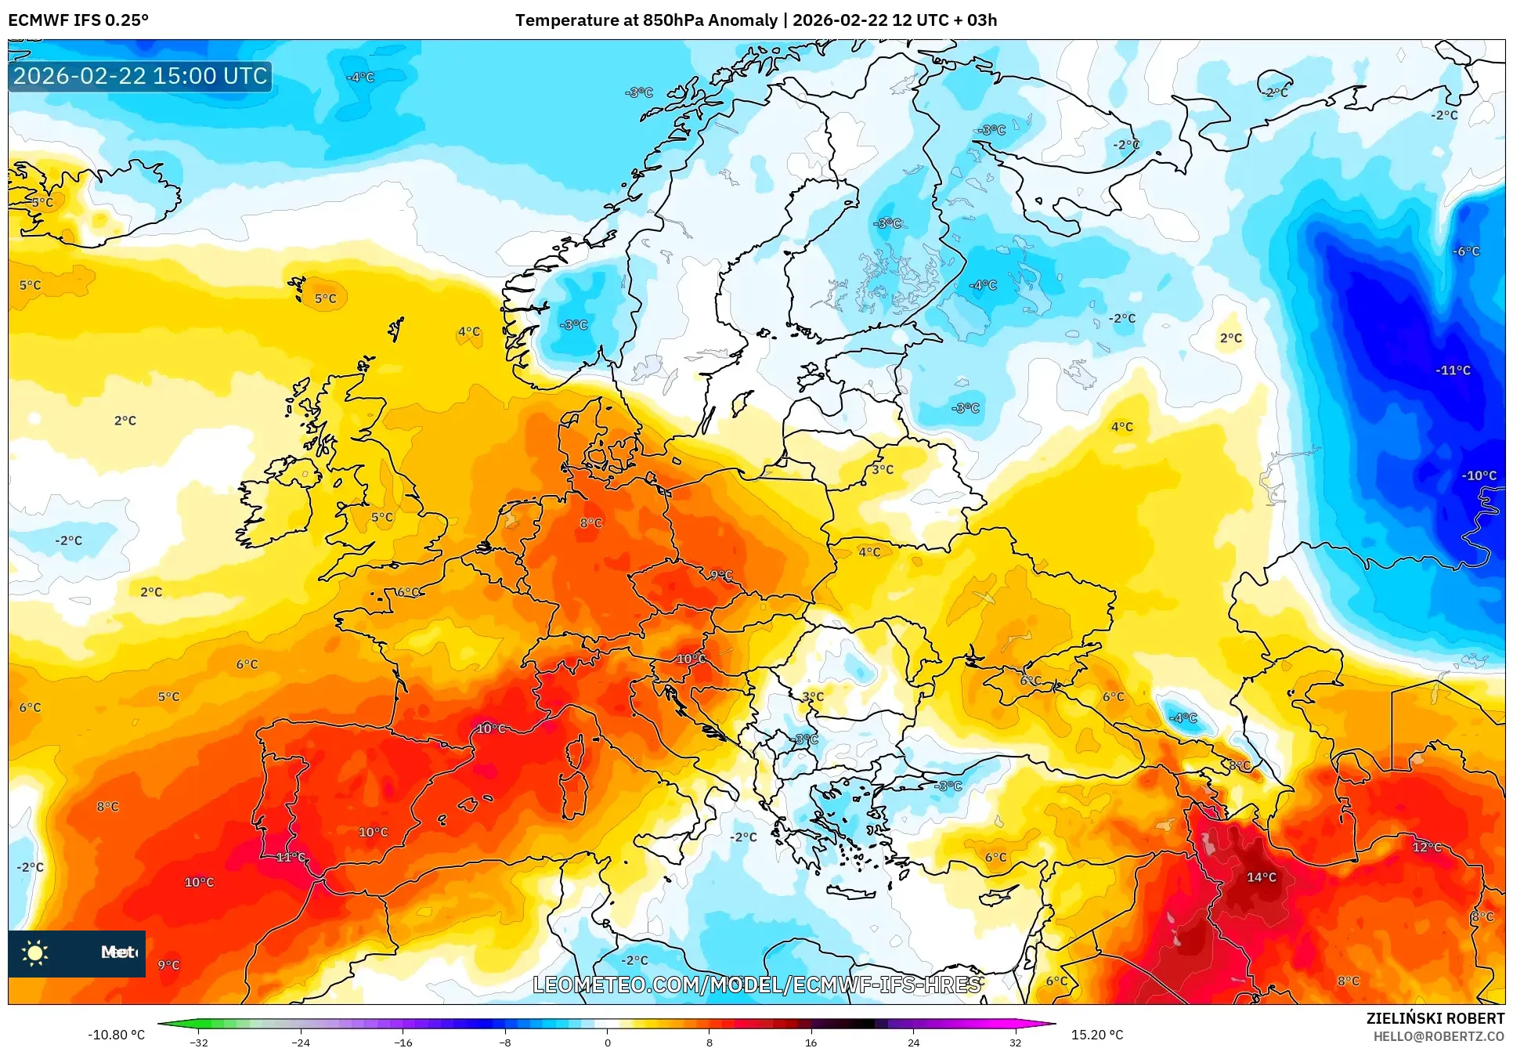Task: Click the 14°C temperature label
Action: [1261, 877]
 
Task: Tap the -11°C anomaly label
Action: [1453, 370]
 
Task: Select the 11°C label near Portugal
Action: [291, 858]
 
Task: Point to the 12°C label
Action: [1426, 847]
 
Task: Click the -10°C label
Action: [1479, 475]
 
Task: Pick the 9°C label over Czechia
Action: [721, 576]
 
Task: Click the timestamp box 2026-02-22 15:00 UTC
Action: [140, 76]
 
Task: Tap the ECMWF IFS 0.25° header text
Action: [78, 20]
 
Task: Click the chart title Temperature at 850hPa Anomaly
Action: [646, 20]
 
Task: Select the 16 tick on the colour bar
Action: [811, 1042]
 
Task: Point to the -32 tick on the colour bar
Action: [199, 1042]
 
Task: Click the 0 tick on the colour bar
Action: [607, 1042]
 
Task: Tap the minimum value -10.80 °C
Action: [116, 1035]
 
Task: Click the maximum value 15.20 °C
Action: [1096, 1035]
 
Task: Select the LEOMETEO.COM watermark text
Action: [756, 985]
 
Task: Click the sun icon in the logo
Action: [35, 953]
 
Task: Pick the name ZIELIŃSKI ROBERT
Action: [1435, 1018]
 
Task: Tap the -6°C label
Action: [1466, 251]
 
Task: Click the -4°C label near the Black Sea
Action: [1183, 718]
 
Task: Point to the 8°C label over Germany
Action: [590, 523]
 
